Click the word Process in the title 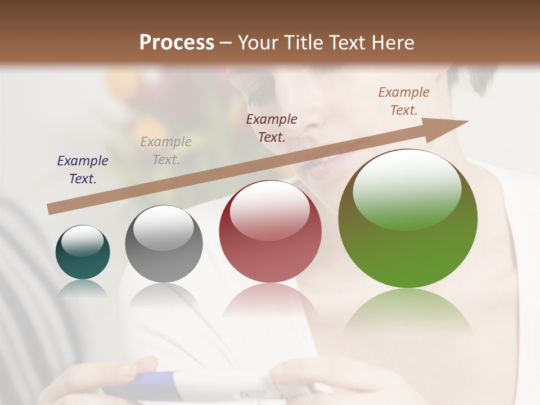pos(177,43)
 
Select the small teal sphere pos(83,253)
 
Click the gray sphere pos(164,244)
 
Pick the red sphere pos(270,232)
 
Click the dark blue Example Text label pos(83,170)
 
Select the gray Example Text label pos(166,151)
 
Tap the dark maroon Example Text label pos(272,128)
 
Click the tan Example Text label pos(404,101)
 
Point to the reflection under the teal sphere pos(83,288)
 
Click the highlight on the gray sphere pos(163,227)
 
